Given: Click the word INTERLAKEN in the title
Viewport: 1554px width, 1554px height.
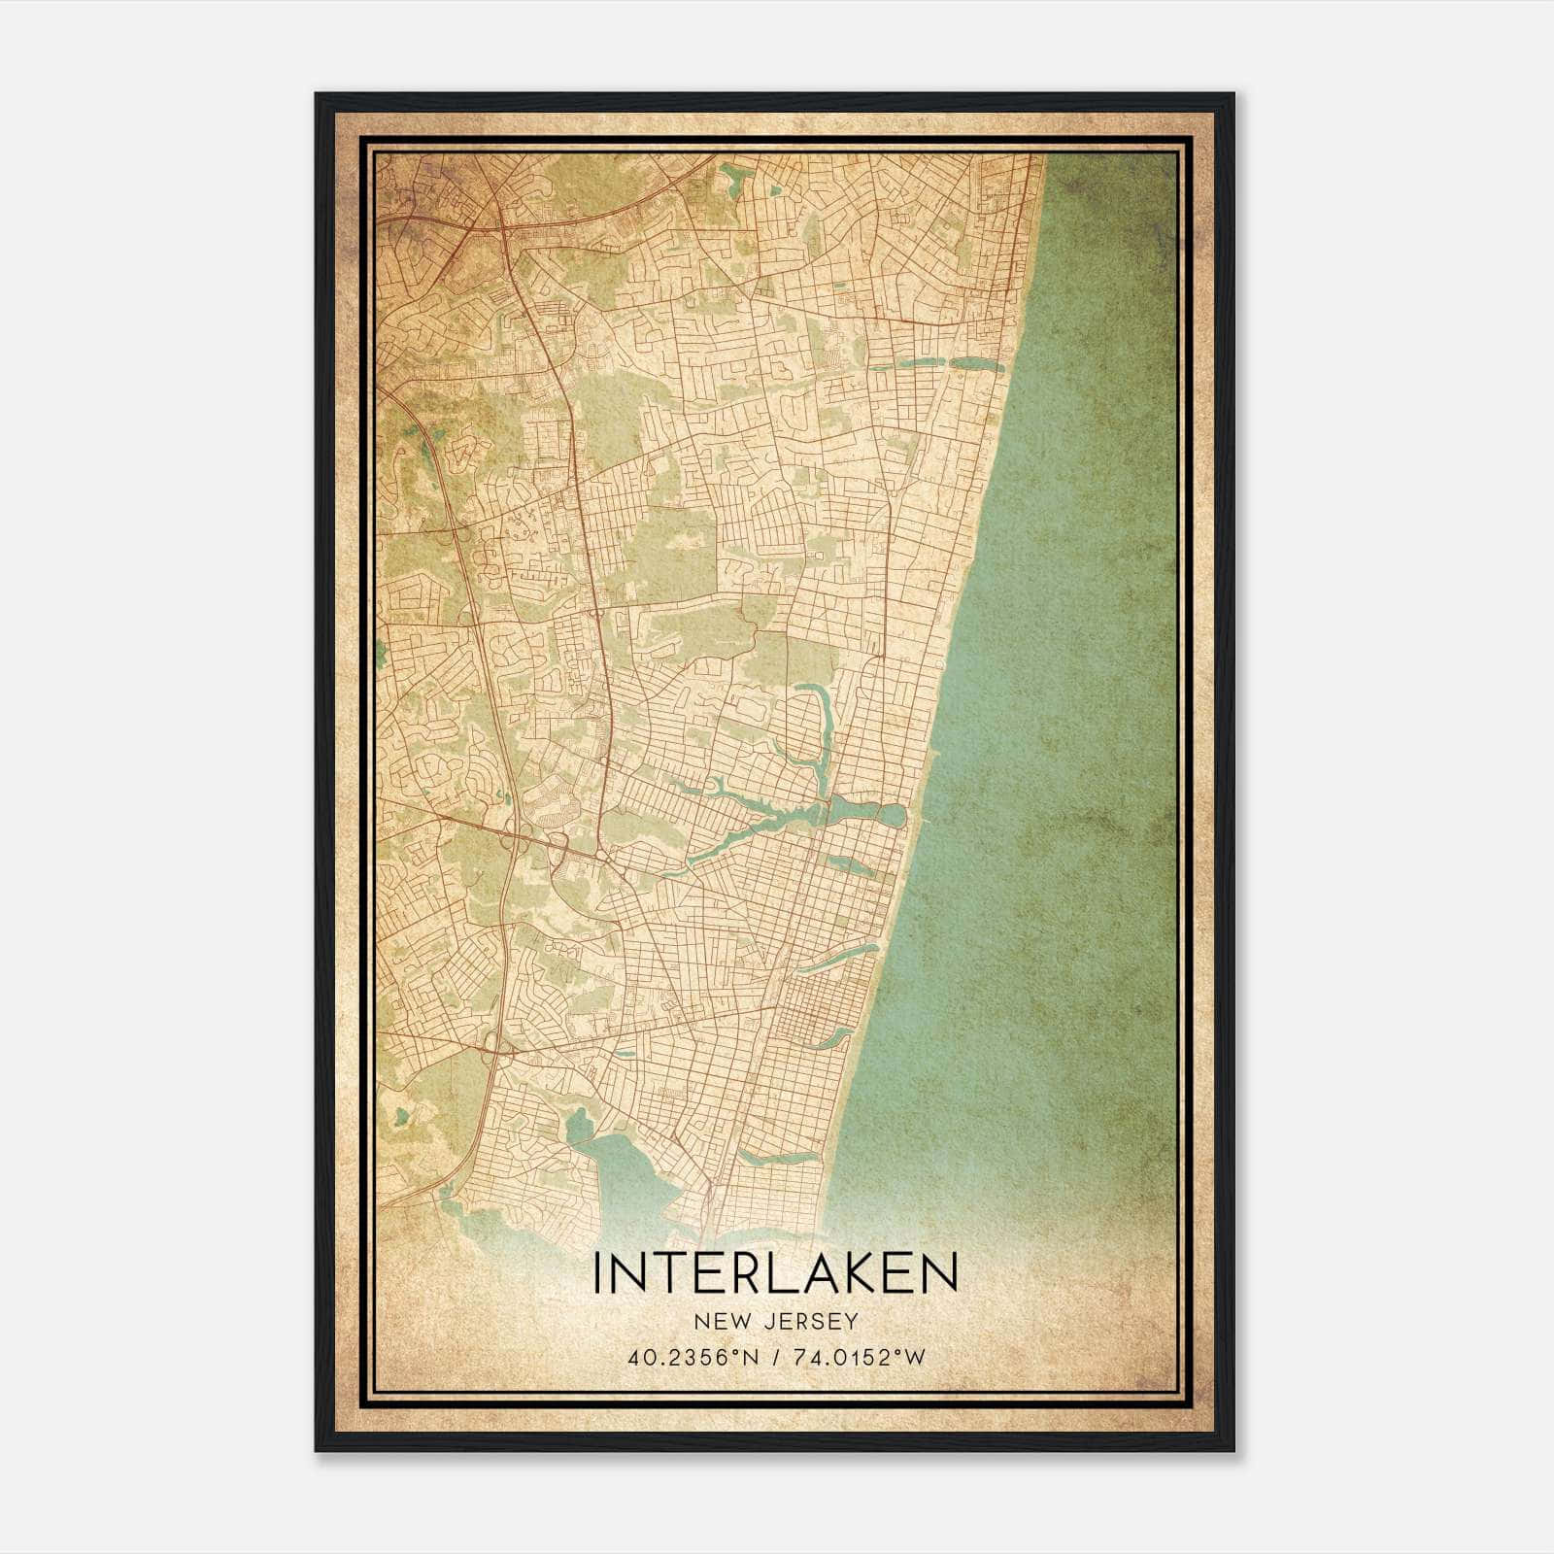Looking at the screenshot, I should pyautogui.click(x=775, y=1273).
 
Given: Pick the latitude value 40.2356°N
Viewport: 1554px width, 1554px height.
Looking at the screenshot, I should pyautogui.click(x=692, y=1357).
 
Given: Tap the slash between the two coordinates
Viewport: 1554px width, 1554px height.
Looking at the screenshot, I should pyautogui.click(x=775, y=1357).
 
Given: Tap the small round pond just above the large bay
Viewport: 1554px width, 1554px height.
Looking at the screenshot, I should pyautogui.click(x=578, y=1126).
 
